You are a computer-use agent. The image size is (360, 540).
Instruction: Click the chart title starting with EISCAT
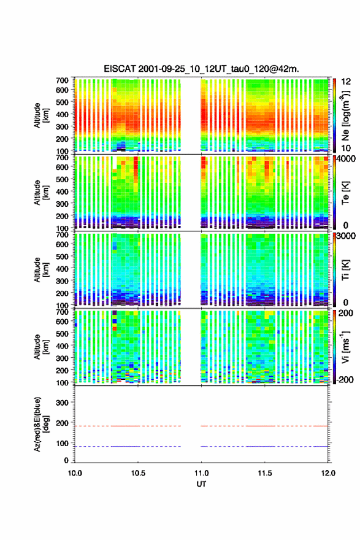click(x=201, y=69)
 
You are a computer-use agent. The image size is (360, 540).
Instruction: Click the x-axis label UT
click(x=201, y=484)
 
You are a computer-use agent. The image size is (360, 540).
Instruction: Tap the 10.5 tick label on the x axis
click(x=138, y=473)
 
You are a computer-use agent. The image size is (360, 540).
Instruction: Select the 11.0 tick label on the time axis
click(x=201, y=473)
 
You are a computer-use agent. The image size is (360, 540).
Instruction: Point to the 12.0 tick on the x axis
click(x=328, y=473)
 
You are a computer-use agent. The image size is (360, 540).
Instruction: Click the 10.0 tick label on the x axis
click(x=75, y=473)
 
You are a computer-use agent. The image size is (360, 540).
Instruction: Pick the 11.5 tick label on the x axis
click(x=265, y=473)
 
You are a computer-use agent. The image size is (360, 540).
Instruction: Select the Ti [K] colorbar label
click(x=345, y=269)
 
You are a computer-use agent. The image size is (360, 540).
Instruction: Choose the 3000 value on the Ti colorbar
click(x=346, y=236)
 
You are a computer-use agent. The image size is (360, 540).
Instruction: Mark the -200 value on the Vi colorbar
click(x=344, y=379)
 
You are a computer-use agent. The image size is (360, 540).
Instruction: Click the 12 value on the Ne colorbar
click(x=346, y=82)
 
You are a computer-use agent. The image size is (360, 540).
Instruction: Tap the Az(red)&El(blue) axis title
click(x=40, y=424)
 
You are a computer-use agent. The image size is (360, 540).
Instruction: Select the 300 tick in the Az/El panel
click(x=63, y=403)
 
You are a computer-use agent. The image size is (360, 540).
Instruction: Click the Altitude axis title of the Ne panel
click(x=40, y=115)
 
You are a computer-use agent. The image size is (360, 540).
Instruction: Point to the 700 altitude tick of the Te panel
click(x=63, y=158)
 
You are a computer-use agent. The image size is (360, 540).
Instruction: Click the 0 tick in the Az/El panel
click(x=66, y=460)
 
